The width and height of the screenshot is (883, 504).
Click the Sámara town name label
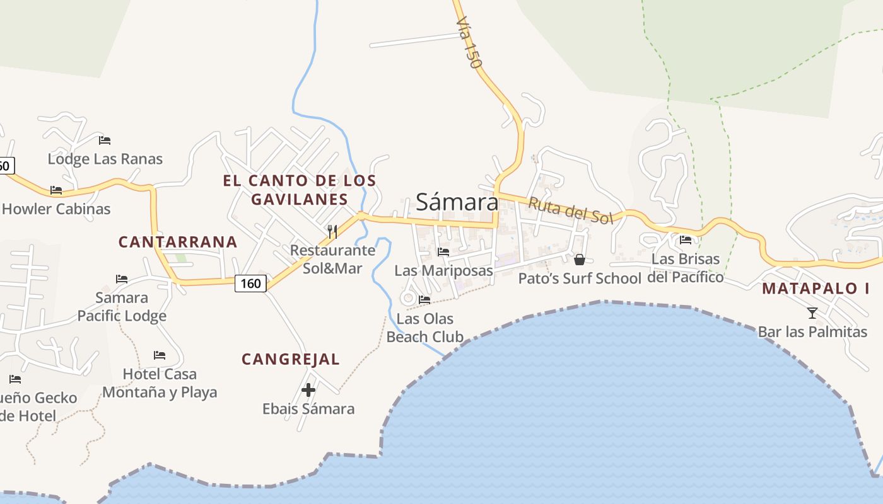point(457,202)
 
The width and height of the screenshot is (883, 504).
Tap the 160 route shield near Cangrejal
point(250,283)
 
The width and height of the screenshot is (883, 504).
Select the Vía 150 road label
point(469,42)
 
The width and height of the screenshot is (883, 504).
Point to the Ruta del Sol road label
point(570,210)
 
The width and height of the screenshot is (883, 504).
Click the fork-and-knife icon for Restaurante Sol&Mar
point(332,232)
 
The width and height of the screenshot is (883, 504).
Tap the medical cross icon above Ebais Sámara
point(308,391)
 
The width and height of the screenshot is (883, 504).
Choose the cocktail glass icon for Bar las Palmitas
point(812,312)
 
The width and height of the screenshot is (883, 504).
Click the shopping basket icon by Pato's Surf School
point(580,260)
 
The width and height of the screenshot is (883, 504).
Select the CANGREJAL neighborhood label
point(291,360)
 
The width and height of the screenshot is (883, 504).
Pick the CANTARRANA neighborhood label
point(178,242)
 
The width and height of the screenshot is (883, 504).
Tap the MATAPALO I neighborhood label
point(816,289)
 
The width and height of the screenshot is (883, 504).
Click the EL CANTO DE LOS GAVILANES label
point(300,190)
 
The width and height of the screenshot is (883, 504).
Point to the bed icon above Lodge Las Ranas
point(105,140)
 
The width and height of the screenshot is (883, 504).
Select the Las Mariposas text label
point(443,271)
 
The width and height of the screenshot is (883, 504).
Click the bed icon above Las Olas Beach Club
point(424,300)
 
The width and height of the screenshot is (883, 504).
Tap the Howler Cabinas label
point(56,209)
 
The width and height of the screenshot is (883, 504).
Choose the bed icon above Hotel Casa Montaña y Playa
point(160,355)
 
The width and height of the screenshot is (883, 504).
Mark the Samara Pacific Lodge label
point(122,307)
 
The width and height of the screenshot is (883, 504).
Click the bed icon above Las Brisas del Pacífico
point(686,240)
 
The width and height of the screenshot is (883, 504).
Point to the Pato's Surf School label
point(580,278)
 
